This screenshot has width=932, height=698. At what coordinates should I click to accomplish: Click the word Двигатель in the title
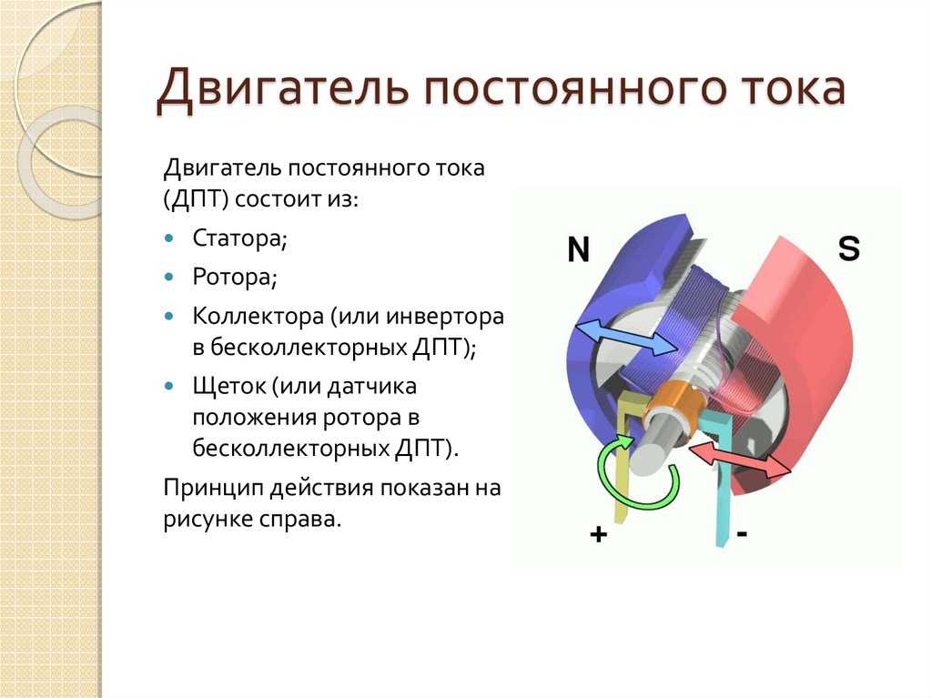tap(283, 89)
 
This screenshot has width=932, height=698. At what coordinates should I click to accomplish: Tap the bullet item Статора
tap(239, 238)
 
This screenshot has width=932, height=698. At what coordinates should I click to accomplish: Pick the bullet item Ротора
tap(235, 277)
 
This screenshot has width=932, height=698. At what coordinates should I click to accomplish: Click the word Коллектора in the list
tap(258, 317)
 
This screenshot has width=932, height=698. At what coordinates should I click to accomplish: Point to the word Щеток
tap(229, 387)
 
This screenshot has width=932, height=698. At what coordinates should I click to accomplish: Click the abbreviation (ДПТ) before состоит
tap(197, 199)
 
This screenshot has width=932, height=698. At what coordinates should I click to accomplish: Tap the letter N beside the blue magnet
tap(578, 249)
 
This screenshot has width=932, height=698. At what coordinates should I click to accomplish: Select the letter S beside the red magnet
tap(849, 248)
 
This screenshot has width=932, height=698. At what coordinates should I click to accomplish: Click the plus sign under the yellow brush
tap(599, 534)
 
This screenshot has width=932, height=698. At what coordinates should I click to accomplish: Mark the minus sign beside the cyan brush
tap(742, 533)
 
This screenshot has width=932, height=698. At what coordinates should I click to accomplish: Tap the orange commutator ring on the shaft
tap(675, 404)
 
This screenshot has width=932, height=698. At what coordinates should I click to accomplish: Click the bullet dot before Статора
tap(169, 238)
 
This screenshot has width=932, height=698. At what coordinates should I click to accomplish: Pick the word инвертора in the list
tap(444, 317)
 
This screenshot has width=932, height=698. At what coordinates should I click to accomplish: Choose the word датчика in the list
tap(372, 387)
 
